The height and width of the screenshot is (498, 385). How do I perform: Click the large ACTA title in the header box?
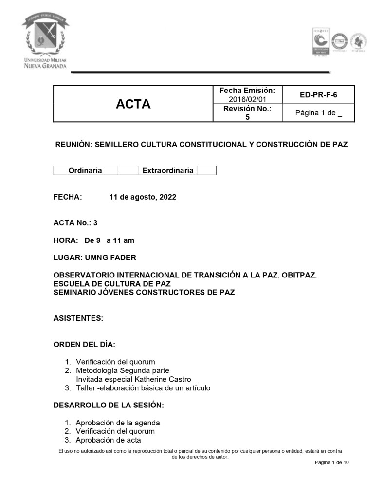[133, 104]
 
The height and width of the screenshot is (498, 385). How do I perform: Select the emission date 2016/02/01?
[247, 99]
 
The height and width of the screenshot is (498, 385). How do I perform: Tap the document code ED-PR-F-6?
[318, 95]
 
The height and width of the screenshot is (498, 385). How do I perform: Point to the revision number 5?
[247, 117]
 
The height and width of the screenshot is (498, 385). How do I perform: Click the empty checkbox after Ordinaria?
[128, 170]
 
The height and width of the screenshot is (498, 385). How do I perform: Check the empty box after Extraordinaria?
[206, 170]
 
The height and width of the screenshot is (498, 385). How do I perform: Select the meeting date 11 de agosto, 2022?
[143, 197]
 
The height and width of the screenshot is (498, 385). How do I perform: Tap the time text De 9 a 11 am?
[109, 240]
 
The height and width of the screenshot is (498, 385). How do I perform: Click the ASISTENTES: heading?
[78, 318]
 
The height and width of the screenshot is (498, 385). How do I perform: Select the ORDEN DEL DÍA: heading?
[84, 345]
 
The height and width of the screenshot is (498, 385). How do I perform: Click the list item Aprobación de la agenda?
[118, 423]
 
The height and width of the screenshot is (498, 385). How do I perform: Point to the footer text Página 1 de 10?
[331, 462]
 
